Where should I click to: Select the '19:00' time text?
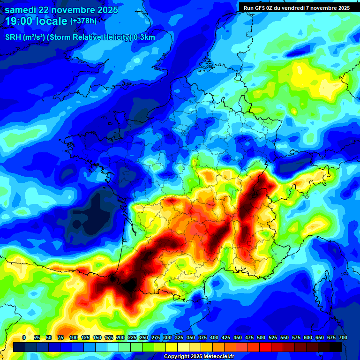point(19,22)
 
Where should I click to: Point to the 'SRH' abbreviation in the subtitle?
point(13,37)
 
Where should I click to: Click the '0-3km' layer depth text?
point(144,37)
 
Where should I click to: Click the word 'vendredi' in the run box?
point(300,7)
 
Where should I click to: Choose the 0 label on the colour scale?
point(24,338)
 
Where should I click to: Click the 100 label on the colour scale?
point(74,338)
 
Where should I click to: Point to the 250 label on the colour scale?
point(144,338)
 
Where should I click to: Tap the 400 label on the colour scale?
point(214,338)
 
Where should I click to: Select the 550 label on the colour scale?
point(285,338)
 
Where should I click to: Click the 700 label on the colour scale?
point(343,338)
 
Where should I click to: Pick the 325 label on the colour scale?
point(179,338)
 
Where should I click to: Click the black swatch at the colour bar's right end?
point(336,347)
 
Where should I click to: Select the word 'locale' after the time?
point(52,22)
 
